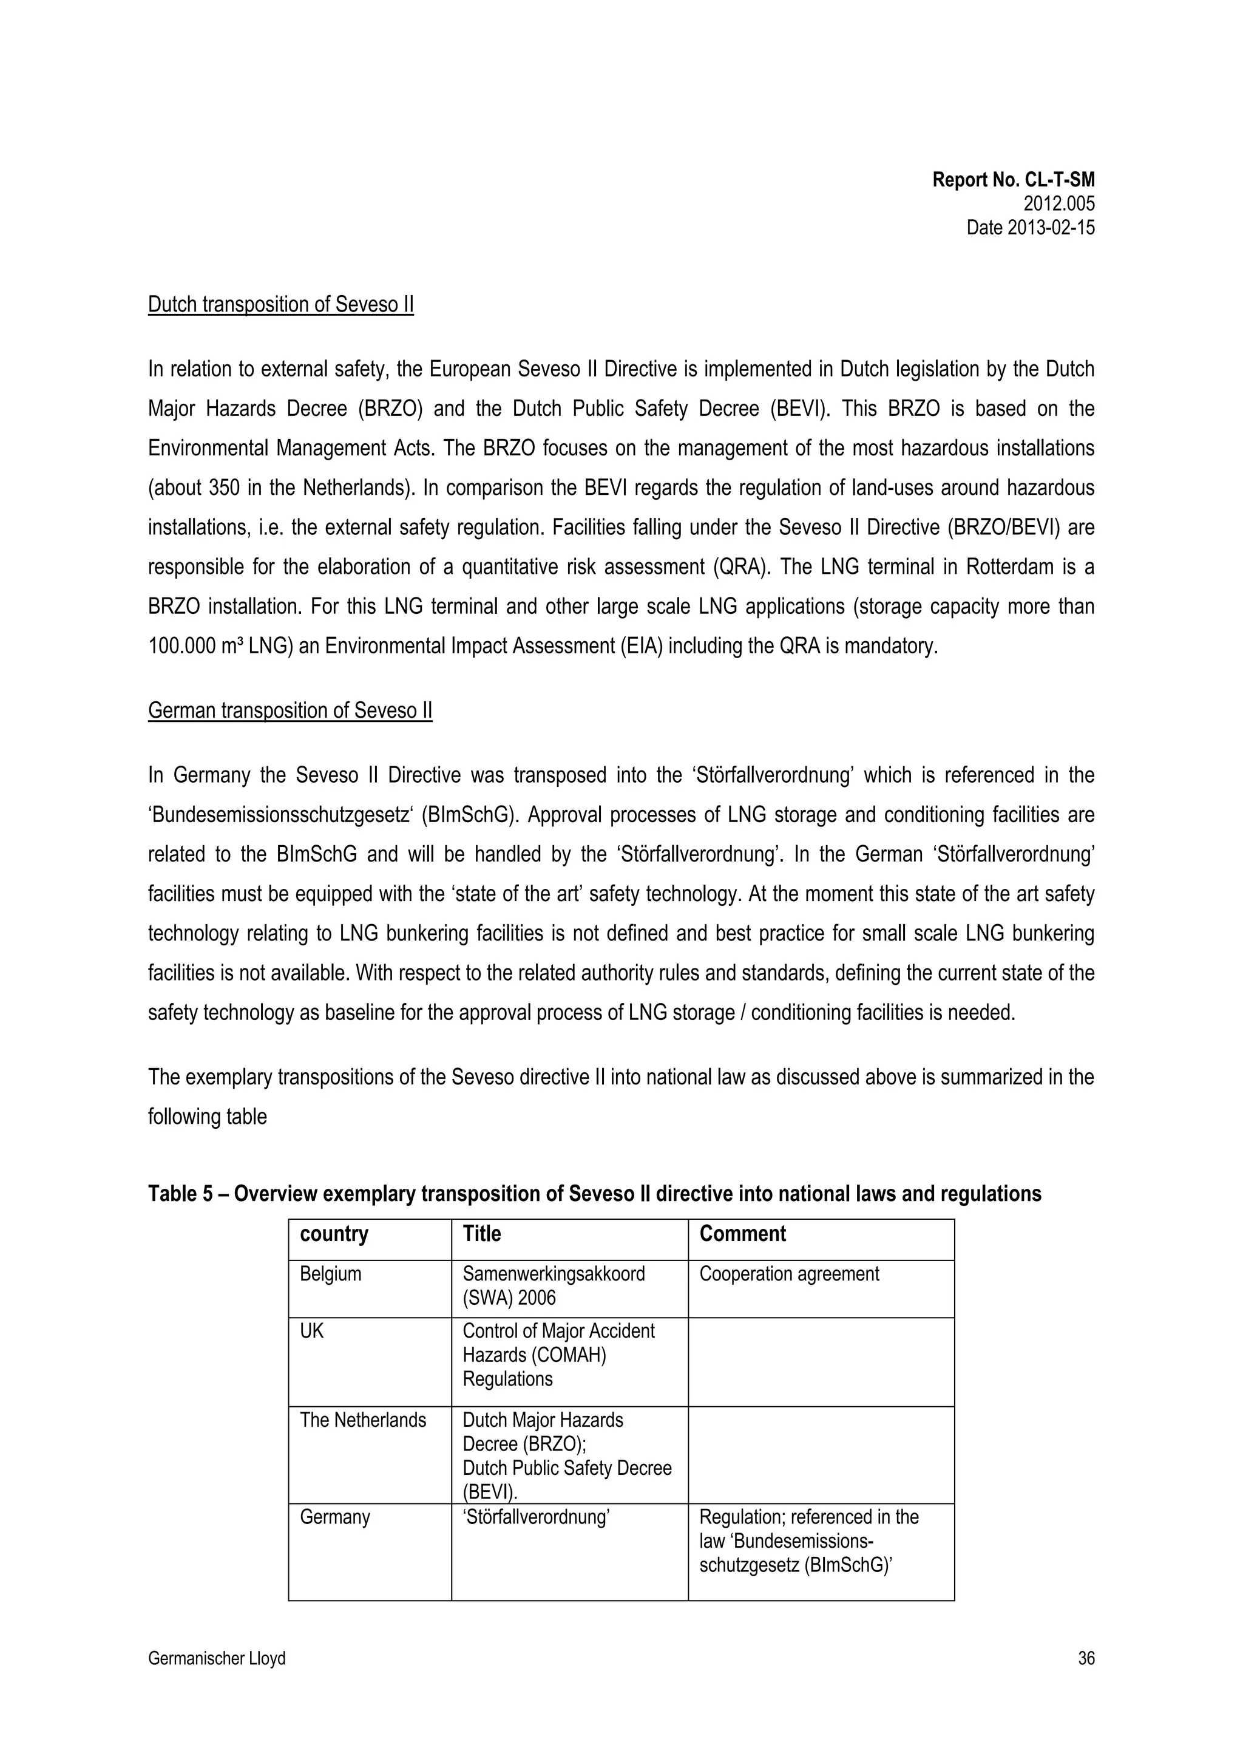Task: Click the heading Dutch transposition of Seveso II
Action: click(x=280, y=304)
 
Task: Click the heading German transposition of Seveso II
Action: click(x=290, y=710)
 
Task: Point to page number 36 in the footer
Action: click(x=1085, y=1659)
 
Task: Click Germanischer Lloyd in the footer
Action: click(x=216, y=1659)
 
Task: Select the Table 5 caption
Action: click(x=594, y=1194)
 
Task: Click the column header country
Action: click(x=334, y=1234)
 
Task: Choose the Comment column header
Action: click(x=742, y=1234)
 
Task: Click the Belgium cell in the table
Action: click(x=330, y=1274)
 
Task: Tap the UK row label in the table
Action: click(x=312, y=1332)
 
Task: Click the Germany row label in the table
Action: click(x=334, y=1517)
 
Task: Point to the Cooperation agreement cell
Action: click(x=789, y=1274)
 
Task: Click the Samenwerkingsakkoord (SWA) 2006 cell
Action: click(x=553, y=1285)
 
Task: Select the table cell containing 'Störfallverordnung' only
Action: click(x=535, y=1517)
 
